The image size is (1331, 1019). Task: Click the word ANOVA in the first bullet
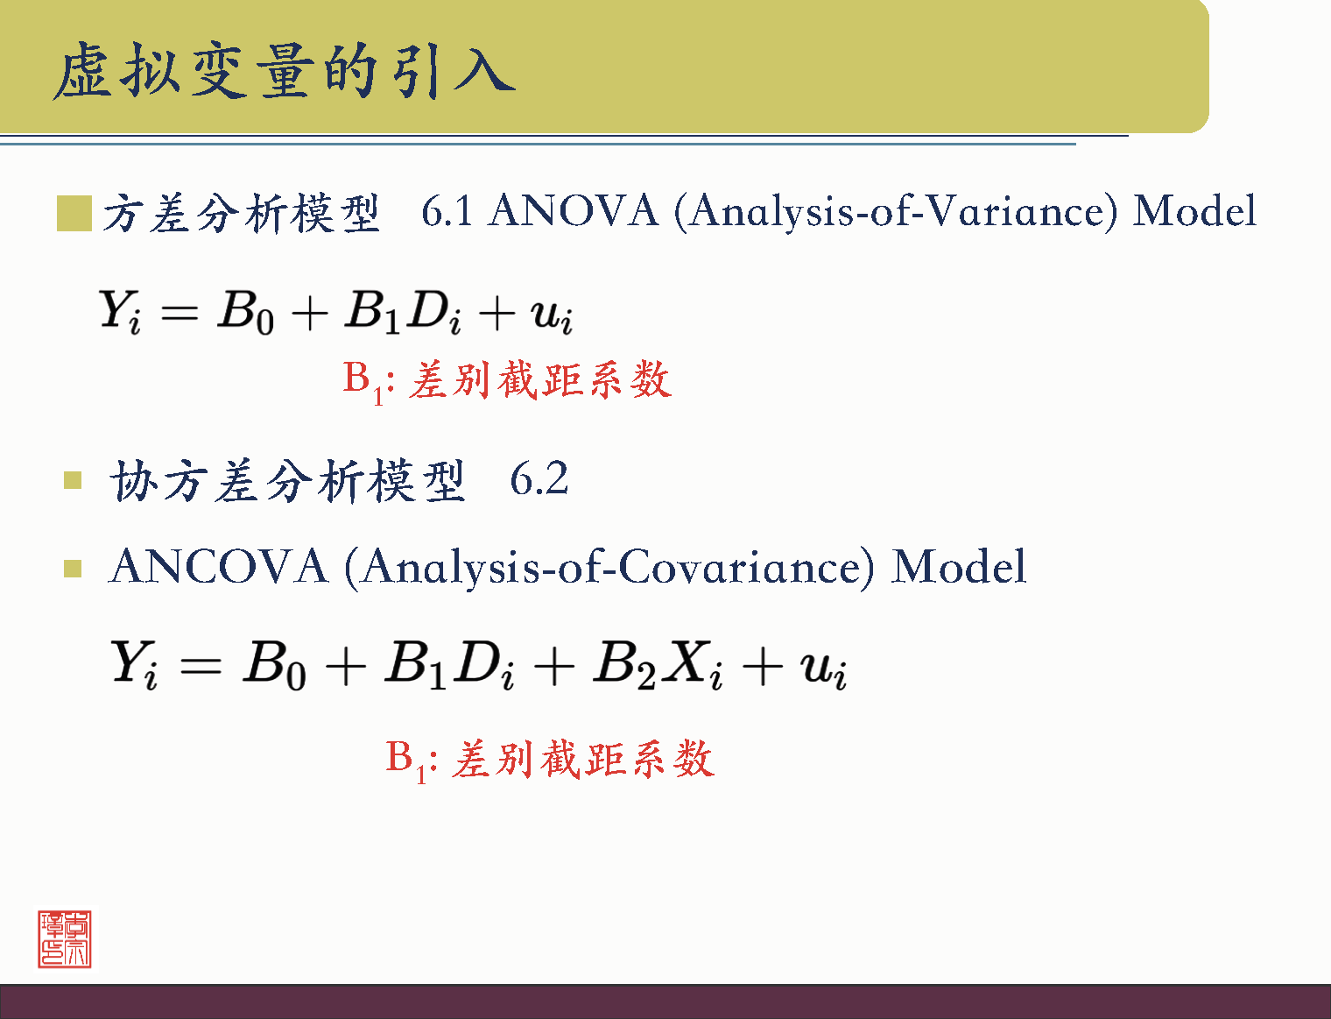tap(574, 211)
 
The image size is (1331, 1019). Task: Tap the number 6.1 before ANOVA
tap(447, 211)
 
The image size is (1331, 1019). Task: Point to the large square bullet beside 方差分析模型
tap(74, 214)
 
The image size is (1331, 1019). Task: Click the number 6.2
tap(539, 479)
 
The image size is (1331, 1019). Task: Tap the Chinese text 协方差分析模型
tap(287, 481)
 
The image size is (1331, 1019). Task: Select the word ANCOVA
tap(218, 567)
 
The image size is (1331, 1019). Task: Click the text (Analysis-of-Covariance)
tap(609, 567)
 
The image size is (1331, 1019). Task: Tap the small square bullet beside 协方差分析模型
tap(73, 480)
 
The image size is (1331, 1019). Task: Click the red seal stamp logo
tap(64, 938)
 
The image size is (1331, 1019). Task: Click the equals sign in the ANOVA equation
tap(180, 313)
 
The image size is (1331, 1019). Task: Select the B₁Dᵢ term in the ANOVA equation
tap(403, 312)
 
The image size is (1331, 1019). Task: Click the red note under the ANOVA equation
tap(506, 380)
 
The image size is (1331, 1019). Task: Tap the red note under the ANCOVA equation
tap(550, 759)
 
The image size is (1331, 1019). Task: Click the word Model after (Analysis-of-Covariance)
tap(959, 567)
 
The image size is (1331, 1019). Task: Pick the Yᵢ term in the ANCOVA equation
tap(134, 664)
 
